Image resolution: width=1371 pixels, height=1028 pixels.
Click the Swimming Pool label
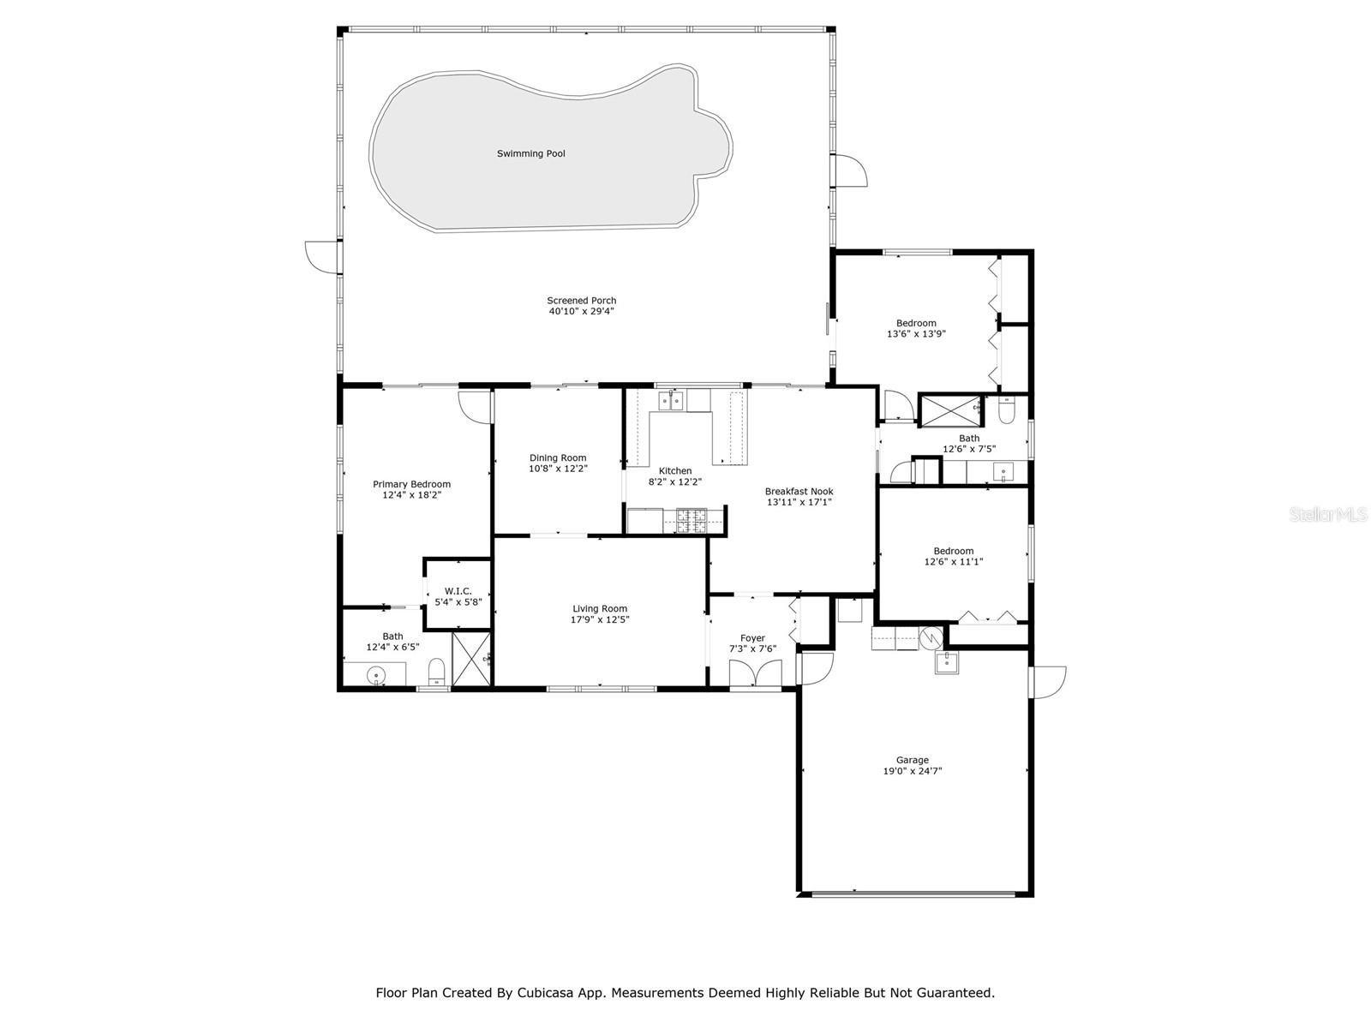point(530,153)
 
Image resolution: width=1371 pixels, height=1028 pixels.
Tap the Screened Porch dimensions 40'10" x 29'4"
point(581,312)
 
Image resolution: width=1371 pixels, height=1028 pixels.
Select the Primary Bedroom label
point(411,484)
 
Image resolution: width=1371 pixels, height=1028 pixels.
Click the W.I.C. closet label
point(458,591)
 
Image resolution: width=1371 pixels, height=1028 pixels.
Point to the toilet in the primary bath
point(436,671)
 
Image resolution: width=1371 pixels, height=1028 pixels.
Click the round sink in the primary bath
point(376,677)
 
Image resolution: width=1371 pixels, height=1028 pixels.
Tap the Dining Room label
point(558,457)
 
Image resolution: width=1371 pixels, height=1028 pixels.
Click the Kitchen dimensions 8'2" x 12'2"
point(674,482)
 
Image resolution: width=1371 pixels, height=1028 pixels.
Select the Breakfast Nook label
point(799,491)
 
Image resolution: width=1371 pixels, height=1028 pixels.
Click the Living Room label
point(600,608)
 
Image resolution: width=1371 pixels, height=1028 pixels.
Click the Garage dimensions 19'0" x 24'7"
point(912,771)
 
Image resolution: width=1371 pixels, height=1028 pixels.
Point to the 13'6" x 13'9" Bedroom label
point(916,323)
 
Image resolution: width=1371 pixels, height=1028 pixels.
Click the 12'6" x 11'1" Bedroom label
point(953,551)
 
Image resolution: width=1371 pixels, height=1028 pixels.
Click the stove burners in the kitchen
point(691,520)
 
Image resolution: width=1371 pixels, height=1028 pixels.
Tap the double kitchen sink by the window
point(670,400)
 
